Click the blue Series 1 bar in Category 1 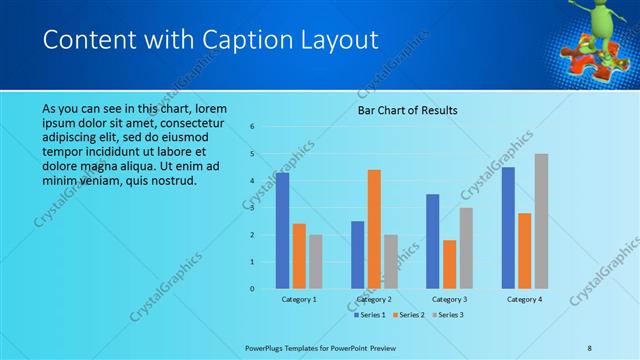click(283, 230)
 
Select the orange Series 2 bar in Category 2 click(374, 228)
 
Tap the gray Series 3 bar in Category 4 click(541, 220)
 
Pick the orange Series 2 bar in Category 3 click(449, 264)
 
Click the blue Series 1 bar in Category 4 click(508, 227)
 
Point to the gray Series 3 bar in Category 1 click(315, 261)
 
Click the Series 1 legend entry click(370, 315)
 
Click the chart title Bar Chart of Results click(408, 110)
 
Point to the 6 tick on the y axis click(252, 127)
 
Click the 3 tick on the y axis click(252, 208)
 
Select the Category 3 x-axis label click(449, 299)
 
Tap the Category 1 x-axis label click(298, 299)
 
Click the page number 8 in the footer click(590, 348)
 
